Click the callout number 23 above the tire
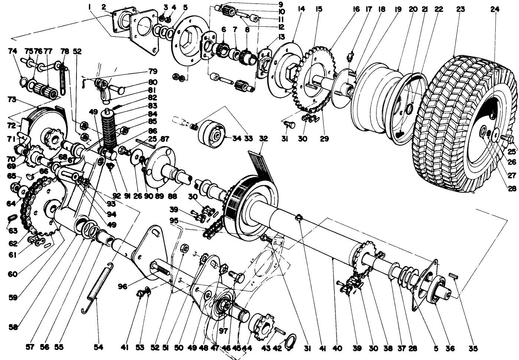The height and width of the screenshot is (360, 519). tap(460, 9)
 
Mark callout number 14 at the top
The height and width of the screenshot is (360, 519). tap(301, 9)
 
